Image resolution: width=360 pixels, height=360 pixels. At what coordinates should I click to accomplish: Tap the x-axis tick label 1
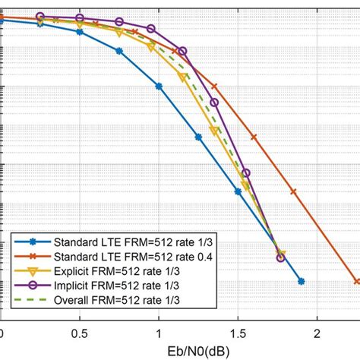click(x=159, y=333)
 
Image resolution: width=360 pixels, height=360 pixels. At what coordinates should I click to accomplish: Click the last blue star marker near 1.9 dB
click(x=302, y=282)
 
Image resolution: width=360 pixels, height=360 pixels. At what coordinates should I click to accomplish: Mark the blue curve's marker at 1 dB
click(x=159, y=87)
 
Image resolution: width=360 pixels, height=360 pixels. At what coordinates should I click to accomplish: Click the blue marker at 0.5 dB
click(x=80, y=32)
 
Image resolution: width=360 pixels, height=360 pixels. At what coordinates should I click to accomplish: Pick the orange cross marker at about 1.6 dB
click(x=254, y=137)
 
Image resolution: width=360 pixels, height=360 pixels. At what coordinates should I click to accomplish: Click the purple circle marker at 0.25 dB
click(x=40, y=15)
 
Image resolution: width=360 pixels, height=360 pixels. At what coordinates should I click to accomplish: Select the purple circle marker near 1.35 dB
click(x=214, y=103)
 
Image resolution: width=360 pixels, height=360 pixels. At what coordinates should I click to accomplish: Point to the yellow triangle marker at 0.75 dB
click(x=119, y=33)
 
